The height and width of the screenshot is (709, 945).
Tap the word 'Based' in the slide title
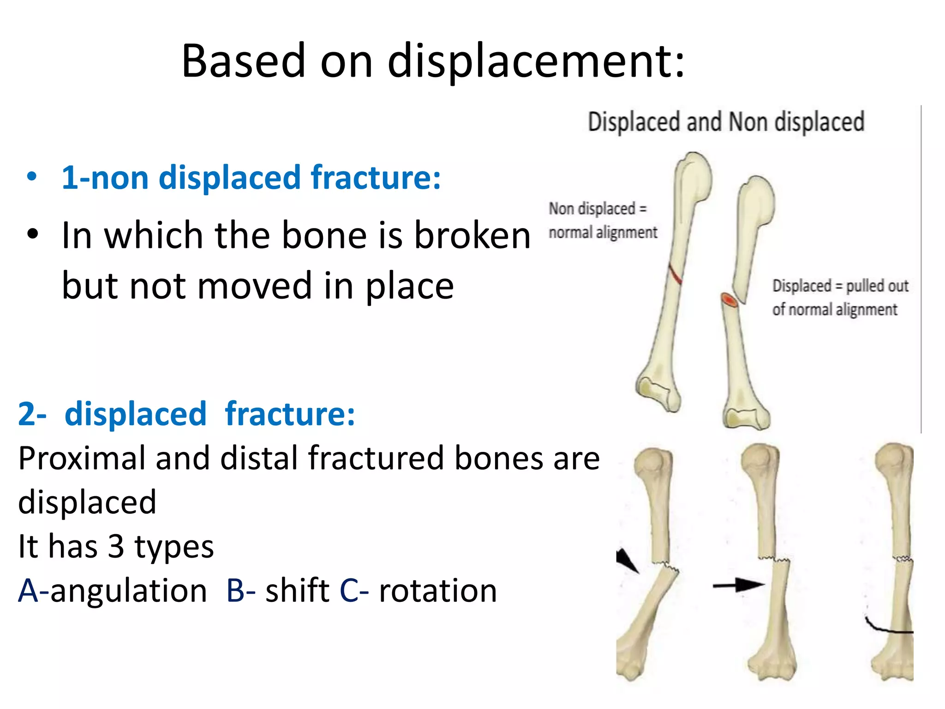pos(244,61)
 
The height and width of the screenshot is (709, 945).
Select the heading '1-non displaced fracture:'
pos(251,178)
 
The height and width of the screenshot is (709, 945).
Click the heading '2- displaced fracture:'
pos(187,414)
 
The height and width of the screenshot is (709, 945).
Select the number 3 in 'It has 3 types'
pos(116,547)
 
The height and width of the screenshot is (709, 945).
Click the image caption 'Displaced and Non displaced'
pos(726,122)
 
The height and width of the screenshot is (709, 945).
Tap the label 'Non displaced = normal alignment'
pos(603,221)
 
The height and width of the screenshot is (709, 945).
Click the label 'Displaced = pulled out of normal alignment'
pos(840,298)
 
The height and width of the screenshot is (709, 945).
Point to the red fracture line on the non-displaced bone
pos(676,274)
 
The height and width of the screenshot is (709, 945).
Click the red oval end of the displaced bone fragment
pos(730,300)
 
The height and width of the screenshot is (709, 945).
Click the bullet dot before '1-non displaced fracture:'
pos(31,177)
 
